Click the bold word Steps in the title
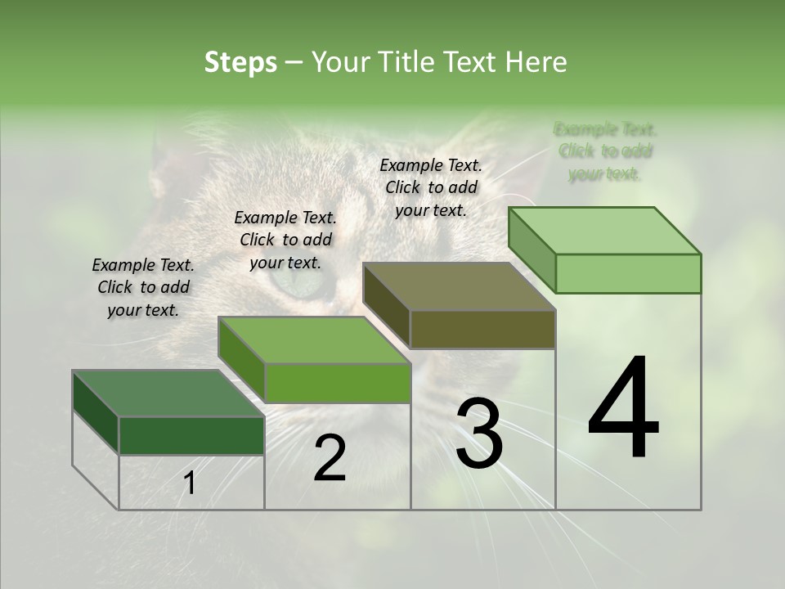tap(240, 62)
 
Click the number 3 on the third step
tap(479, 433)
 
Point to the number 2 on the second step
tap(330, 458)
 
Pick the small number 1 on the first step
tap(190, 483)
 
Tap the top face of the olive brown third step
tap(458, 287)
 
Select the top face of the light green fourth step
tap(604, 231)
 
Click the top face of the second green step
tap(314, 340)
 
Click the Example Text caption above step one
tap(143, 287)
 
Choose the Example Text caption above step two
tap(285, 240)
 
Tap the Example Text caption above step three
tap(431, 187)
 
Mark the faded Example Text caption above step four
tap(605, 151)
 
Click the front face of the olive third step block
tap(482, 329)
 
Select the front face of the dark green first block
tap(191, 435)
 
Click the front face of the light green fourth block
tap(628, 273)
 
